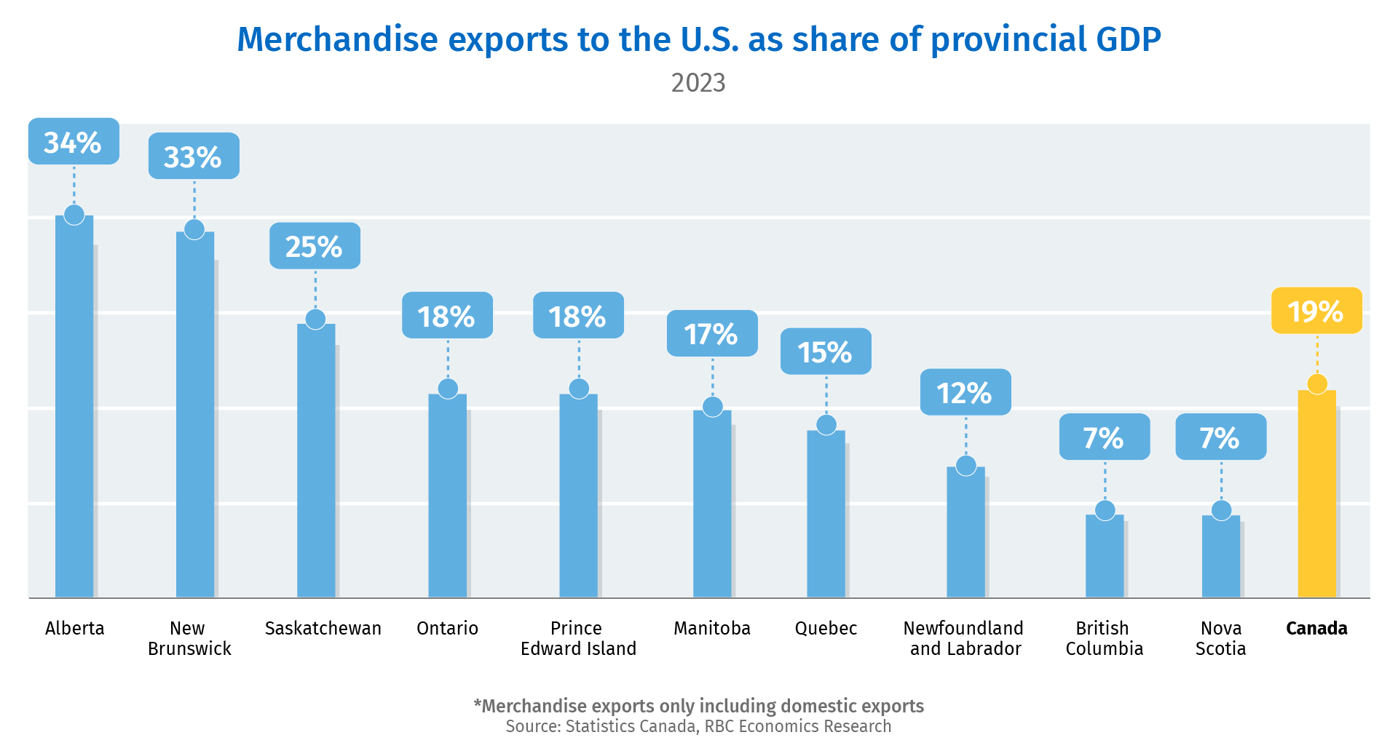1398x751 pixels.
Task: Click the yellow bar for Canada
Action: tap(1316, 495)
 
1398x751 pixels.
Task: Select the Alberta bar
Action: tap(74, 408)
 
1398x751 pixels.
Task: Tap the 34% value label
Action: tap(74, 142)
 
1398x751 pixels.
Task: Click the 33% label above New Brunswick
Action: tap(194, 156)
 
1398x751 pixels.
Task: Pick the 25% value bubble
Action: tap(315, 247)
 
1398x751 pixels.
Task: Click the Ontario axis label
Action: tap(447, 628)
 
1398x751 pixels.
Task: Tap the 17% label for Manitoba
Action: tap(712, 334)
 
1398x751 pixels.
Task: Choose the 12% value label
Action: tap(965, 393)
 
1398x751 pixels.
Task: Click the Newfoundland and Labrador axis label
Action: tap(964, 638)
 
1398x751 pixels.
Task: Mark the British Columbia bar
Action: tap(1105, 557)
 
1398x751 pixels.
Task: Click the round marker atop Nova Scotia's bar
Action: tap(1221, 510)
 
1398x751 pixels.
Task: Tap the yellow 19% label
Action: tap(1316, 311)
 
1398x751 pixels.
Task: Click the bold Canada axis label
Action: tap(1316, 628)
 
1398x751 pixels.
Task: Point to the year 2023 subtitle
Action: tap(698, 83)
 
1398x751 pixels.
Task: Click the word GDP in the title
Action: tap(1128, 39)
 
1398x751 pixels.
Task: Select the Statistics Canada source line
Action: tap(698, 726)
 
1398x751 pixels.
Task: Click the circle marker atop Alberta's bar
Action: tap(74, 215)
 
